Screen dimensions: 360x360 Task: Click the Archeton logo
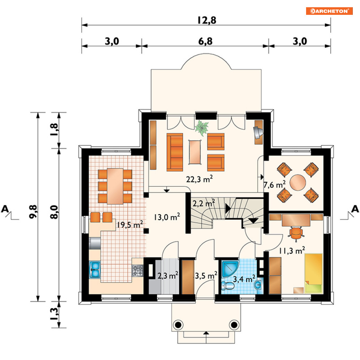coord(329,11)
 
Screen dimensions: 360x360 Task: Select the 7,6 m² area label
coord(275,185)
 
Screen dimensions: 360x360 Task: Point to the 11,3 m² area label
coord(292,250)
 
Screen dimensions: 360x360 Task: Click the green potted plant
coord(202,127)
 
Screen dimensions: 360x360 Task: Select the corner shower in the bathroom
coord(230,268)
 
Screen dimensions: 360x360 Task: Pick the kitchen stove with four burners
coord(138,271)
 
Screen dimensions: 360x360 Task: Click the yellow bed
coord(313,273)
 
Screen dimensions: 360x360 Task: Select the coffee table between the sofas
coord(196,152)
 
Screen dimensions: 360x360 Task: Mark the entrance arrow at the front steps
coord(206,333)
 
